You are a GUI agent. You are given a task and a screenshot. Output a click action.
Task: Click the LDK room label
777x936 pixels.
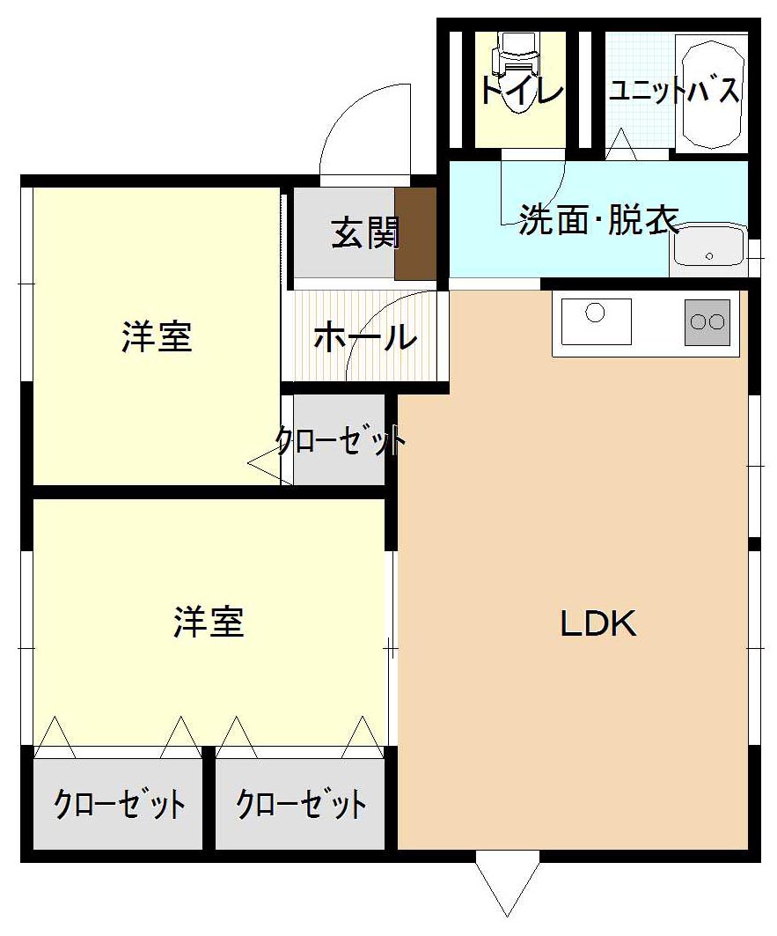click(598, 623)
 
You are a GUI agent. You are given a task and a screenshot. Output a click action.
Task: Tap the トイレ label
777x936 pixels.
click(521, 91)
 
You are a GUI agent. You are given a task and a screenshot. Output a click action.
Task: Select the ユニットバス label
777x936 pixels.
click(674, 91)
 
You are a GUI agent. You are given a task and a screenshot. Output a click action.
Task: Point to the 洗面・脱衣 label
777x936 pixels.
click(598, 219)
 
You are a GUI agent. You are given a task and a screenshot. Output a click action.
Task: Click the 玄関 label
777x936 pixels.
click(364, 232)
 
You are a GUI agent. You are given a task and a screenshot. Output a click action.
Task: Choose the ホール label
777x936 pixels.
click(364, 337)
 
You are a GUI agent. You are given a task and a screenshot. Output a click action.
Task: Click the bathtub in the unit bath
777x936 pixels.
click(712, 93)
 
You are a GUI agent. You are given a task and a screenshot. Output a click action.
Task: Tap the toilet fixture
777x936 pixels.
click(517, 70)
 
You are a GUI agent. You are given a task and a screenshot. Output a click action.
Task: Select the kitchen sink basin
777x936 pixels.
click(597, 321)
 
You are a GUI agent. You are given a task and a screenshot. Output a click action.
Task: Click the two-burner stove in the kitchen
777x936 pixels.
click(708, 322)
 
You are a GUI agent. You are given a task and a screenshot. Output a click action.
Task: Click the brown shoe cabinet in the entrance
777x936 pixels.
click(415, 233)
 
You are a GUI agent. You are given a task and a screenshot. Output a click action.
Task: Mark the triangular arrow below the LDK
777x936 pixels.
click(507, 888)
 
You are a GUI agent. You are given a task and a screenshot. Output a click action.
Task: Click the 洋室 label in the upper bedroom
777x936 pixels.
click(157, 336)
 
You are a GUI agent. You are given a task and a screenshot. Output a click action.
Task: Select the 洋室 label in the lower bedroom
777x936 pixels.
click(209, 622)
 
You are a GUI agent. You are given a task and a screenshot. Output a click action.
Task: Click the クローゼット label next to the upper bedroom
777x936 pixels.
click(341, 440)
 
